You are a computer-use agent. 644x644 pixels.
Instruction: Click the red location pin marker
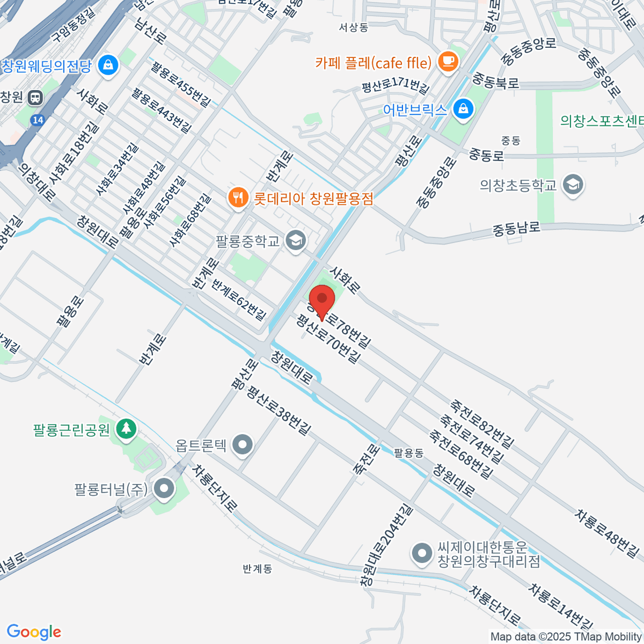tap(322, 300)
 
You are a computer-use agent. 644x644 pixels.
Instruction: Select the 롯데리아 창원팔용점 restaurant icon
tap(237, 199)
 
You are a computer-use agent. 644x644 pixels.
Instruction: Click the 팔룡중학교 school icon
tap(295, 240)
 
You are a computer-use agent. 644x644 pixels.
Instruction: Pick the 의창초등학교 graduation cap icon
tap(573, 185)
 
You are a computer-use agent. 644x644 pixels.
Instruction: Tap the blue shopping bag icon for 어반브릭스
tap(463, 109)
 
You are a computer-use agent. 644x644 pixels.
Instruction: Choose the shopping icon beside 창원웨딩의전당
tap(109, 66)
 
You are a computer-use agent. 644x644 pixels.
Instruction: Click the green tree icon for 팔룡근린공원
tap(127, 429)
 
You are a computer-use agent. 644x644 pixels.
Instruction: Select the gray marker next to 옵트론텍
tap(244, 445)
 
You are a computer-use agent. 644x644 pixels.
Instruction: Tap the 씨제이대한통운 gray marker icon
tap(422, 554)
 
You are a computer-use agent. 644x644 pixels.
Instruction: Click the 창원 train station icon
tap(35, 97)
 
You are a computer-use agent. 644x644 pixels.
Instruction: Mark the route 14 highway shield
tap(38, 120)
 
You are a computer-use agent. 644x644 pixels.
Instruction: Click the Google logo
tap(34, 632)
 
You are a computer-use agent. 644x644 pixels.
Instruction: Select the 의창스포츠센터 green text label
tap(601, 121)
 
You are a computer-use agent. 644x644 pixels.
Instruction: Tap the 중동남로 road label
tap(516, 229)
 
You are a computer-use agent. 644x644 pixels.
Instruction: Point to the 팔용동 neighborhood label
tap(408, 453)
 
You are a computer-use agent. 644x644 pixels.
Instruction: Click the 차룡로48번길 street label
tap(607, 534)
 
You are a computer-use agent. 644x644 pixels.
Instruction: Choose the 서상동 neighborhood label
tap(354, 27)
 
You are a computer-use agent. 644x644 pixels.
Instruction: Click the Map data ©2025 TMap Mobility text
tap(566, 636)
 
